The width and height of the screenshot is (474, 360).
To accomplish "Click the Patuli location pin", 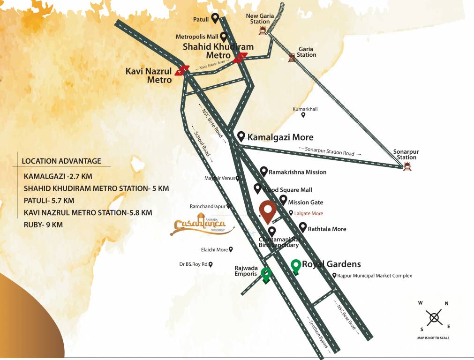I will pos(215,18).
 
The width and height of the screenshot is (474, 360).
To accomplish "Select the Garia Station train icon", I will pos(292,57).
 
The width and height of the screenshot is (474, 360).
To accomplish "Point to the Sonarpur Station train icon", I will pos(406,165).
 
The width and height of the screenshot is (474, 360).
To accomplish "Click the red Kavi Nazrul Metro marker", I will pos(181,71).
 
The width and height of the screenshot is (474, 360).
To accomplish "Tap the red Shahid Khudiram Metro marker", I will pos(241,58).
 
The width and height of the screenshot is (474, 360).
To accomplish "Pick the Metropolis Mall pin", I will pos(224,37).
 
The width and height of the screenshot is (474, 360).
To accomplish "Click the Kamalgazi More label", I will pos(280,137).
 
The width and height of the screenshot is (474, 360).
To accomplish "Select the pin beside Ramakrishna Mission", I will pos(264,171).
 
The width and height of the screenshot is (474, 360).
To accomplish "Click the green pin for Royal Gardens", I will pos(295,266).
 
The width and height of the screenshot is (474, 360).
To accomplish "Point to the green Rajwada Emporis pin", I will pos(266,275).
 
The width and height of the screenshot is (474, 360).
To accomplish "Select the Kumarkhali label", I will pos(305,109).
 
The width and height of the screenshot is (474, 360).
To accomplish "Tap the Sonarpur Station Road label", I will pos(330,153).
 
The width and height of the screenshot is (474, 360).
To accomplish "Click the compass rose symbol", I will pos(434,317).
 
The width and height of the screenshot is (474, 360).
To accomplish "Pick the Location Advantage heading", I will pos(61,161).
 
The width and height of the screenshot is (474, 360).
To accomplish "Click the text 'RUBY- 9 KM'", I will pos(43,225).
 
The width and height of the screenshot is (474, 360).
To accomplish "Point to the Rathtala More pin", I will pos(303,228).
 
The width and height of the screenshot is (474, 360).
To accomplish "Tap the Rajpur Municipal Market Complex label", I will pos(375,276).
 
